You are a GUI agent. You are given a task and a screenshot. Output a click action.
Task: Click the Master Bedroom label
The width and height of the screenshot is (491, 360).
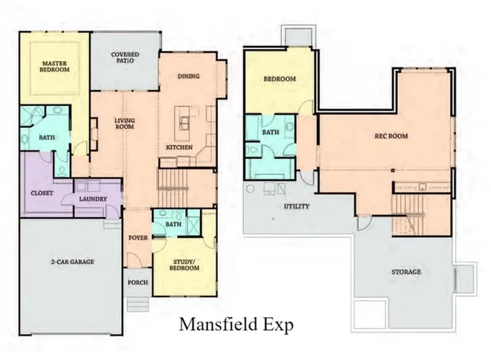(55, 65)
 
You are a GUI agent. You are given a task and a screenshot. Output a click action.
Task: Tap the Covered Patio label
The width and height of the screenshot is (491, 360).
(124, 58)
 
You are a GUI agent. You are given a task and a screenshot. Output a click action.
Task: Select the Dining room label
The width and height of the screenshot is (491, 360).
(189, 76)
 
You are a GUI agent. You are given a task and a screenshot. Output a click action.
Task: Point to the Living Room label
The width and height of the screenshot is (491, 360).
(125, 124)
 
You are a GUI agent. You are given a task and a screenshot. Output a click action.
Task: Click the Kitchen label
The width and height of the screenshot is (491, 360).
(180, 147)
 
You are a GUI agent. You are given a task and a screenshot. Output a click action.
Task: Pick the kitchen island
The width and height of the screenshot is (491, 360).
(184, 119)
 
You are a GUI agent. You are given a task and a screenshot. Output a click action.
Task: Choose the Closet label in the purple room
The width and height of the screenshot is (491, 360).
(42, 193)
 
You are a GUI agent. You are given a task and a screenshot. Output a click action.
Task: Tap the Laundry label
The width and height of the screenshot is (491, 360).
(93, 200)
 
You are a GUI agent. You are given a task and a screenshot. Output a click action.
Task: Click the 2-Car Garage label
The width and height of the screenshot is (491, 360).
(73, 262)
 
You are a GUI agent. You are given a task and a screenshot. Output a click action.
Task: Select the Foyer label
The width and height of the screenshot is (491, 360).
(138, 237)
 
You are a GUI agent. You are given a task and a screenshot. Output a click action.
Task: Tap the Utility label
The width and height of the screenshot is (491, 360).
(296, 206)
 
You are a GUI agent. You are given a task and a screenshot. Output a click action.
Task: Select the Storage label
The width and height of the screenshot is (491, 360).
(407, 272)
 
